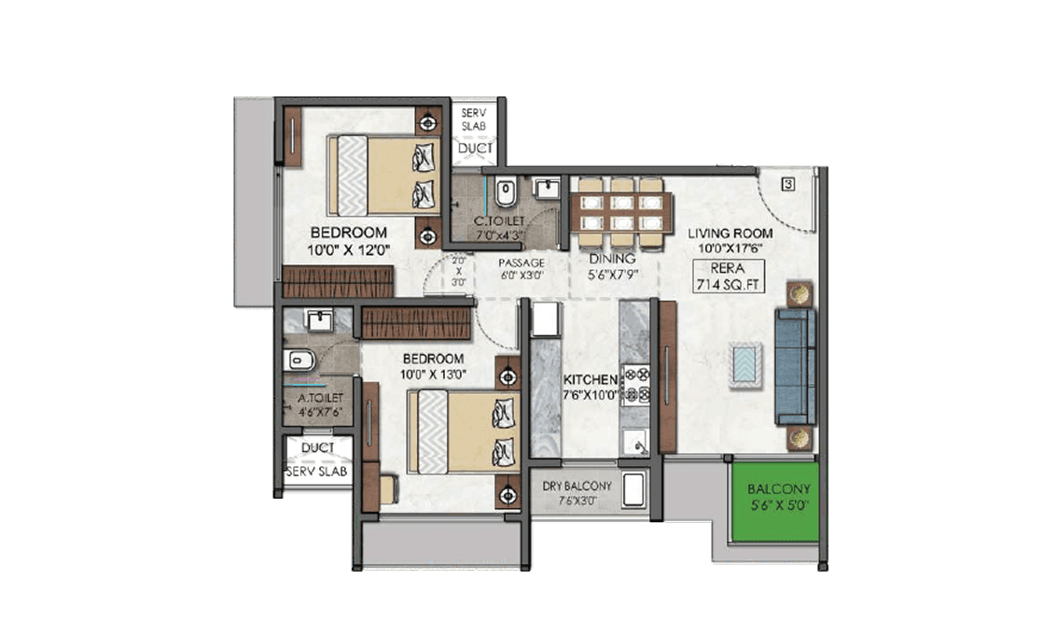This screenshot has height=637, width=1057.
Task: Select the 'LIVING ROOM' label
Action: click(x=730, y=233)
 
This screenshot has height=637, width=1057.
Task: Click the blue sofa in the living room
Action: click(x=795, y=366)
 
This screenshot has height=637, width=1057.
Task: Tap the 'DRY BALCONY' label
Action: click(x=577, y=486)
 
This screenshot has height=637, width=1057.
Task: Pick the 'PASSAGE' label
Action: click(x=521, y=262)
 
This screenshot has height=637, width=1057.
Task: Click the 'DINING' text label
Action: click(x=612, y=258)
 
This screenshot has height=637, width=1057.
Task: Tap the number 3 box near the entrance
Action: click(x=788, y=184)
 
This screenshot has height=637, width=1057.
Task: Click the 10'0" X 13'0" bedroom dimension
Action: click(x=433, y=374)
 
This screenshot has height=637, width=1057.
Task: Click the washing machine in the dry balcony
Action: click(x=633, y=488)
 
